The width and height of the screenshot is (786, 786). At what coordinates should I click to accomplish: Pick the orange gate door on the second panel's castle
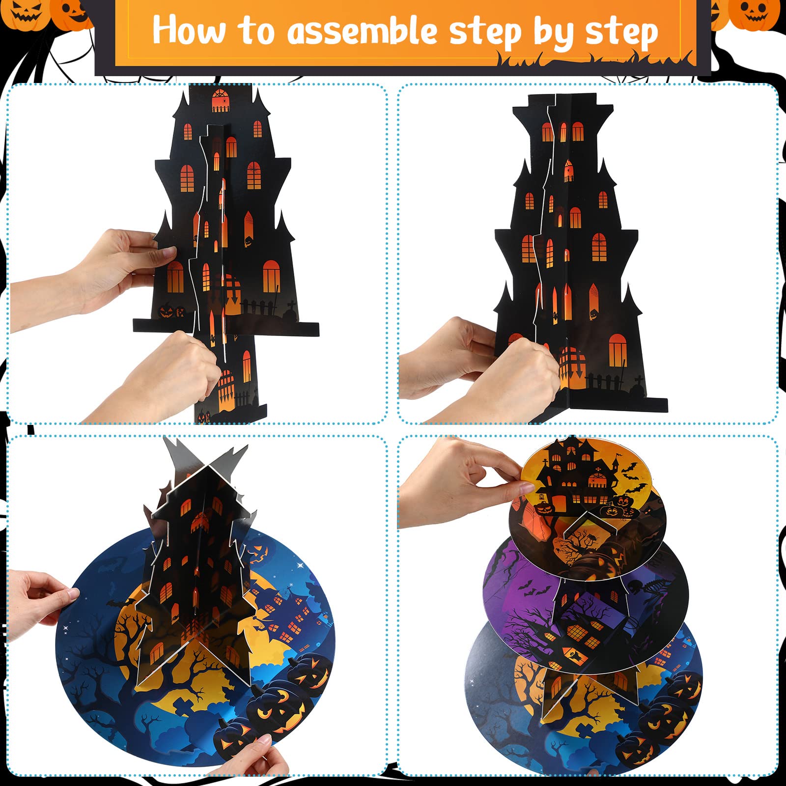click(570, 364)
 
